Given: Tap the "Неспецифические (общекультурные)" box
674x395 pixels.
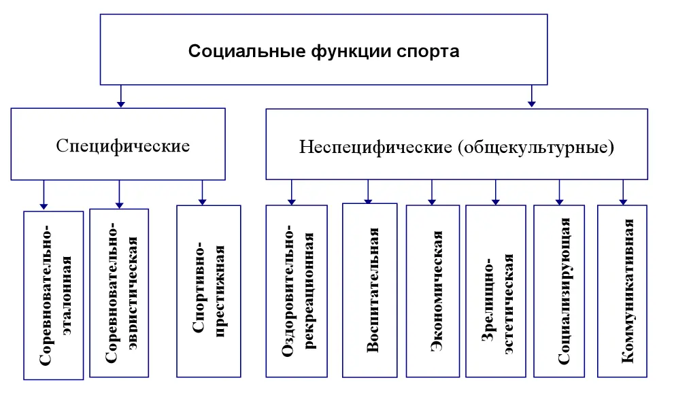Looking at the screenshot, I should click(x=456, y=145).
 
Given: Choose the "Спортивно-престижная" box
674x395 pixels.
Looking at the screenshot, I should click(x=208, y=290).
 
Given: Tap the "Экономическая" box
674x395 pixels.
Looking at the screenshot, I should click(x=433, y=290).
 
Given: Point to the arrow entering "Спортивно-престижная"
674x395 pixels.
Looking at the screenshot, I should click(x=202, y=192).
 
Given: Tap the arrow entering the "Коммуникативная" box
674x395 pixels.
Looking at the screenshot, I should click(x=622, y=192).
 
